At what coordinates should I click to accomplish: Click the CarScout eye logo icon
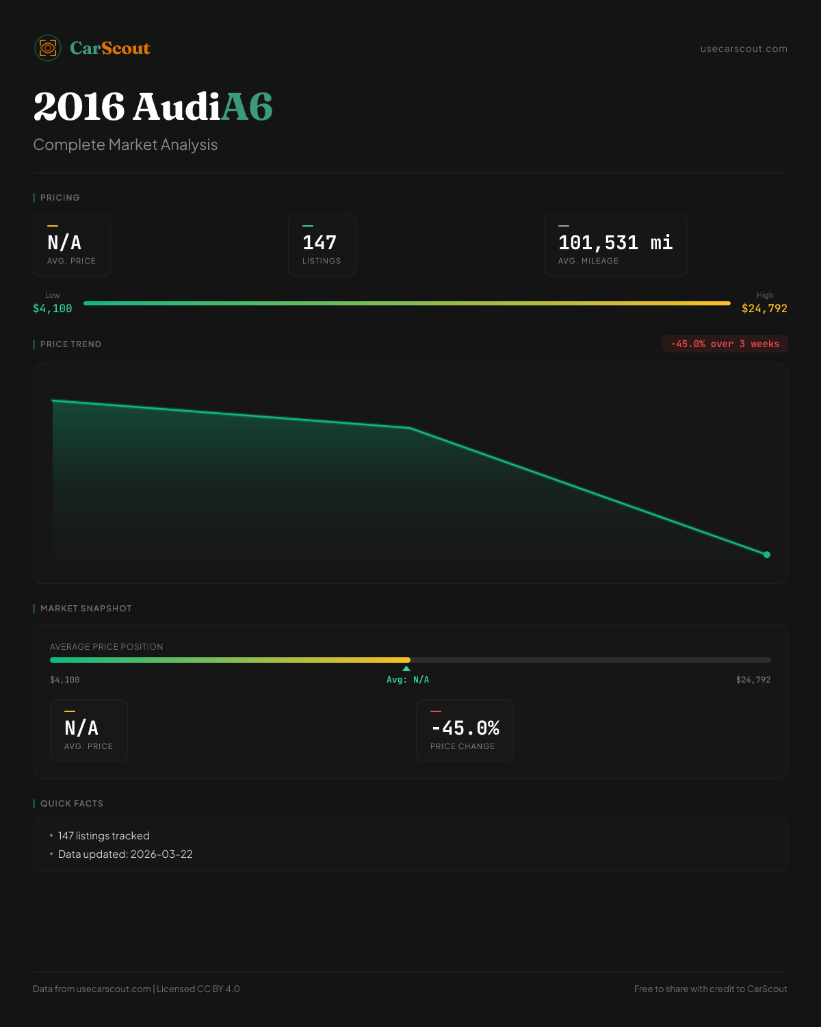[48, 48]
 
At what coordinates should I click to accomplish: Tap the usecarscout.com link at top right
[744, 49]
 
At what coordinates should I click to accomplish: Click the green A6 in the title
[247, 107]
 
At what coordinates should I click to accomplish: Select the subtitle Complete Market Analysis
[125, 144]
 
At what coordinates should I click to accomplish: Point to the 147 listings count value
[320, 242]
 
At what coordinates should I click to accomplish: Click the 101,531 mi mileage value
[615, 242]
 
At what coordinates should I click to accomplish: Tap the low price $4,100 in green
[53, 309]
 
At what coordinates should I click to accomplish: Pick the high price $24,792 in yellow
[764, 309]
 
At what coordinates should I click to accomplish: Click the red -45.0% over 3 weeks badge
[725, 344]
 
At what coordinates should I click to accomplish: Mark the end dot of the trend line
[766, 555]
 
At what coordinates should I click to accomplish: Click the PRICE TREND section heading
[70, 344]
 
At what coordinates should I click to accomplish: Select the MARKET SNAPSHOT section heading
[86, 609]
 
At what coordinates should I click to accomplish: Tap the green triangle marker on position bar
[406, 668]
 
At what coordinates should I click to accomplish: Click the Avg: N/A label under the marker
[408, 680]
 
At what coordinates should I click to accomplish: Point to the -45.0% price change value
[465, 728]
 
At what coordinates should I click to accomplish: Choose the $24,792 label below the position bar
[753, 680]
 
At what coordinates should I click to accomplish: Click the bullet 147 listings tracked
[103, 836]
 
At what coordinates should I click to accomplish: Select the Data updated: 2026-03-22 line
[125, 854]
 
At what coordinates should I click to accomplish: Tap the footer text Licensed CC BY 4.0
[198, 989]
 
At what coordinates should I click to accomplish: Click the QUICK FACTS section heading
[71, 804]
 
